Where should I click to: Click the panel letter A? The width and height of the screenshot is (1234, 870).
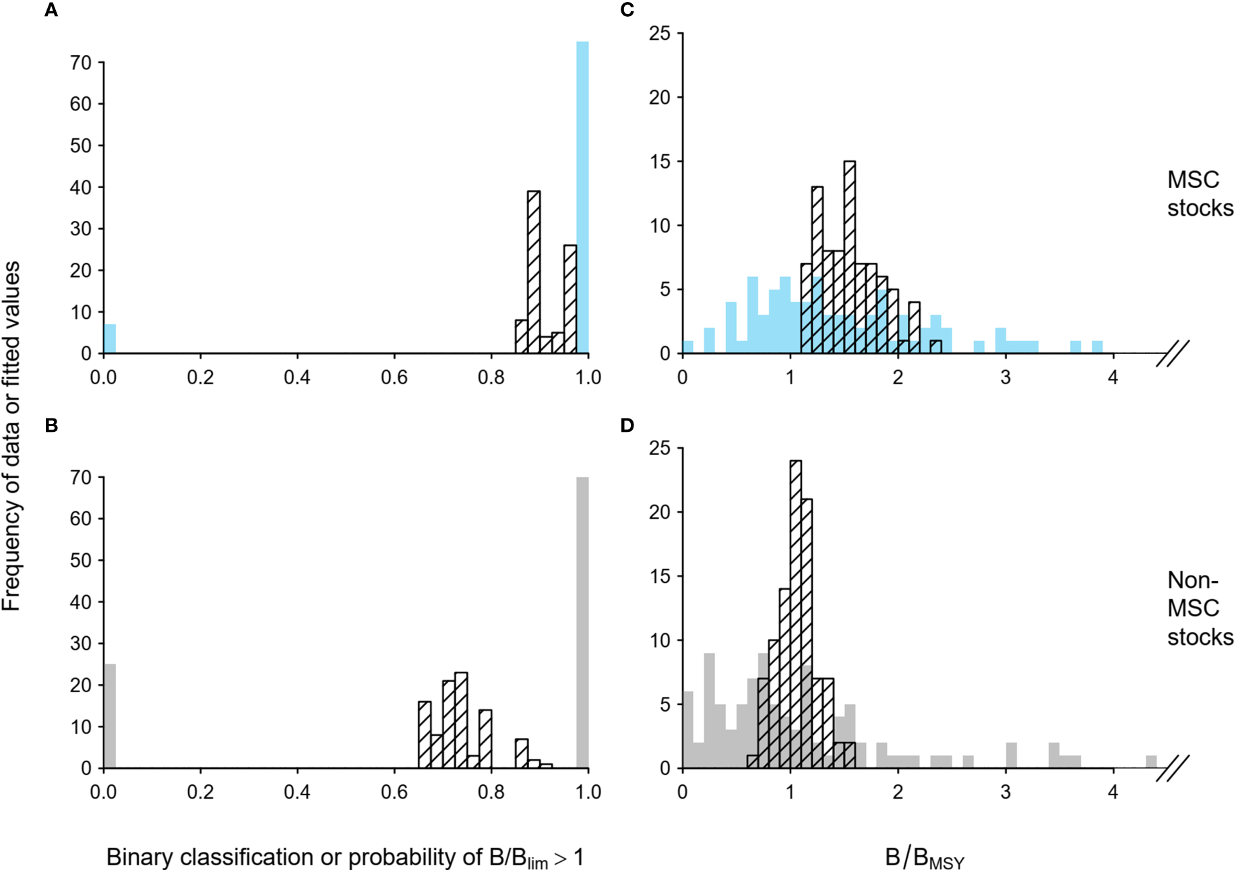click(51, 10)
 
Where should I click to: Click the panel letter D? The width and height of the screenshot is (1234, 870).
click(627, 426)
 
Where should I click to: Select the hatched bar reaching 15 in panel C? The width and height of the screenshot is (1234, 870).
click(850, 257)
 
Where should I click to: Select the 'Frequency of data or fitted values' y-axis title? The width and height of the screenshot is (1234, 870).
click(11, 436)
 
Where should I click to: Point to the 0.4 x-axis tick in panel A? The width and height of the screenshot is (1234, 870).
click(297, 377)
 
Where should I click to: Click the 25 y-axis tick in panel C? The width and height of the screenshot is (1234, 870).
click(660, 33)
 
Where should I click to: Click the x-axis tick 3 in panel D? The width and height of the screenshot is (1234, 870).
click(1006, 792)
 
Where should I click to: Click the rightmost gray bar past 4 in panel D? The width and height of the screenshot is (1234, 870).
click(1151, 762)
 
